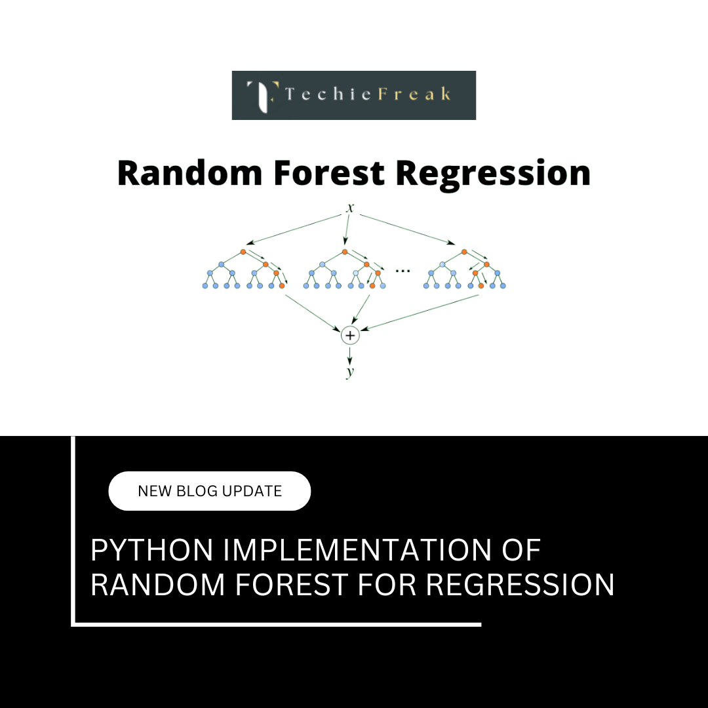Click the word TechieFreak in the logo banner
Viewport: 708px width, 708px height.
[x=368, y=94]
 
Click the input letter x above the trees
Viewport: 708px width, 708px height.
[x=350, y=208]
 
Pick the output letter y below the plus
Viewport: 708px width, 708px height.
[x=350, y=372]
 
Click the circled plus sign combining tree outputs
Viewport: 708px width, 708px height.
[x=350, y=335]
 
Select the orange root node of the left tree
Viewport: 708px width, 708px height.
[x=243, y=252]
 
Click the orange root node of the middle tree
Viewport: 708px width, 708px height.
[x=344, y=252]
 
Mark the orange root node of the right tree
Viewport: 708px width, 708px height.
[x=464, y=252]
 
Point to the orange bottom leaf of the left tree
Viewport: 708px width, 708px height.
[x=282, y=286]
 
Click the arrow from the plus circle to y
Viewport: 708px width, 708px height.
[x=350, y=354]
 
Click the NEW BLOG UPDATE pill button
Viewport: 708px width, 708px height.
[x=209, y=491]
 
